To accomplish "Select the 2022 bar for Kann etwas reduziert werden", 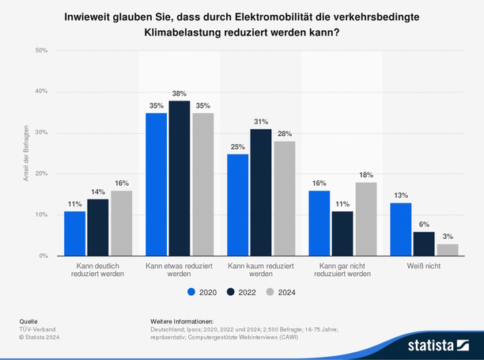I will pos(180,178).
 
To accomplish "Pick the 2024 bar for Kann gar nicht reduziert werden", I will pos(366,219).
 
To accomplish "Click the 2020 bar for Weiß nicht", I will pos(400,229).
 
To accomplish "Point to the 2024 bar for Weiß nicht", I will pos(447,250).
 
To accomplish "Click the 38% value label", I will pos(180,93).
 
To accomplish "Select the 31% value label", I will pos(261,121).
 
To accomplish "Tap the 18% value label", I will pos(366,174).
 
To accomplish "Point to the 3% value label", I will pos(447,236).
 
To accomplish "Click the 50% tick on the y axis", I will pos(41,50).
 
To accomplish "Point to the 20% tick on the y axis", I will pos(41,173).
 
